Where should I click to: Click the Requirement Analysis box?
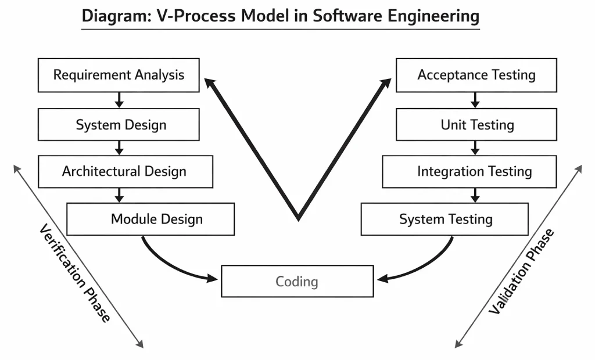(119, 75)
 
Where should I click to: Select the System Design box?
(119, 125)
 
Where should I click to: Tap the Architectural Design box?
(126, 171)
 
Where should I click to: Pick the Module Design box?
(150, 219)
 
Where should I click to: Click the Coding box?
(297, 282)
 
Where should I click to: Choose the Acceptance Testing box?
(476, 75)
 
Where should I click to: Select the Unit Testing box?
(476, 125)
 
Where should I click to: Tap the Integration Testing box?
(469, 171)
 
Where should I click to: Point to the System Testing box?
(445, 219)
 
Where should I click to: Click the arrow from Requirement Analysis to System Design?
(119, 100)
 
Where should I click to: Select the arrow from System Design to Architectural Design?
(119, 148)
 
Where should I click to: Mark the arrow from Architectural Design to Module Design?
(119, 195)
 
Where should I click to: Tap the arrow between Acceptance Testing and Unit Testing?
(475, 100)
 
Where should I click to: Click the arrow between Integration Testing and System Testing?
(475, 195)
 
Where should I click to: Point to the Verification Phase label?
(74, 273)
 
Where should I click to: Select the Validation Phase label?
(521, 272)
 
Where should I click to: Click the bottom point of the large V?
(298, 218)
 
